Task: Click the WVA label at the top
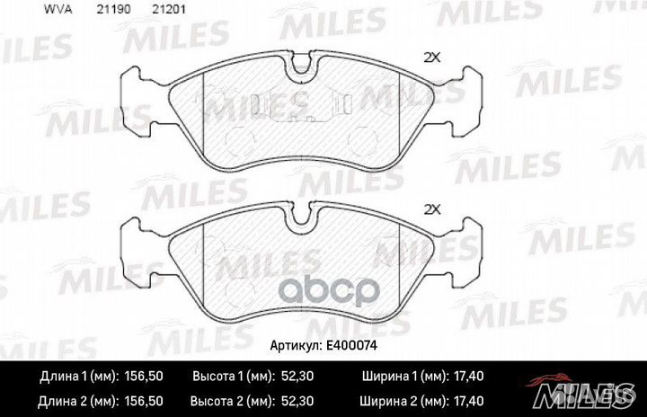(x=58, y=9)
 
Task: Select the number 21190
(x=113, y=9)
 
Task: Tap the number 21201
(x=169, y=9)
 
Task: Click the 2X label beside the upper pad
(x=432, y=58)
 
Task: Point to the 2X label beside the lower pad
(x=432, y=209)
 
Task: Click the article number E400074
(x=351, y=345)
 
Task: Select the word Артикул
(x=296, y=346)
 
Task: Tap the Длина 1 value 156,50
(x=144, y=377)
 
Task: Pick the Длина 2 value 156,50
(x=144, y=401)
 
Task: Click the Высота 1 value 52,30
(x=297, y=377)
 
